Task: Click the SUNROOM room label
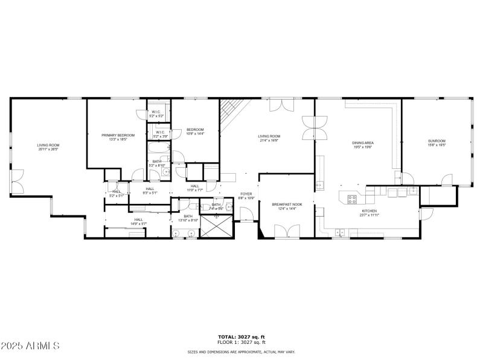click(436, 142)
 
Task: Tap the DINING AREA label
click(363, 142)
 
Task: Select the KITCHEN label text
click(368, 211)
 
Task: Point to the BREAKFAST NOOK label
click(287, 205)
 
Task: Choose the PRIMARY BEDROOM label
click(118, 135)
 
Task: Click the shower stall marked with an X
click(215, 226)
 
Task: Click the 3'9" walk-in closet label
click(161, 135)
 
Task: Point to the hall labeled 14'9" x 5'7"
click(139, 221)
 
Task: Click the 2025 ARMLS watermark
click(30, 346)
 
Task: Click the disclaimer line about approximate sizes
click(241, 351)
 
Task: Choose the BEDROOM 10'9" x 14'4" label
click(195, 131)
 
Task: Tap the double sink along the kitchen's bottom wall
click(340, 231)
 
